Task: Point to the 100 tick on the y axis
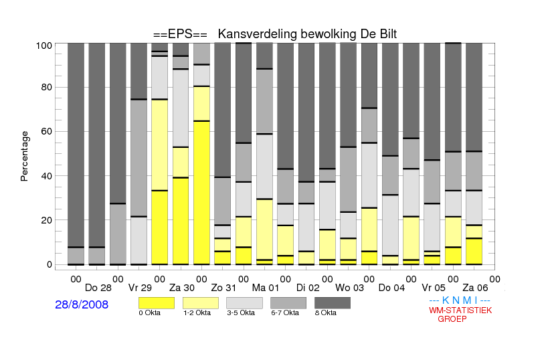click(44, 46)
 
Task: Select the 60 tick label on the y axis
click(47, 132)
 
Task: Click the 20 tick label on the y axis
click(47, 220)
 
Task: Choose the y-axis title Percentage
click(24, 156)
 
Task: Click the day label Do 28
click(98, 288)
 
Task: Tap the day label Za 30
click(182, 288)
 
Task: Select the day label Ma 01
click(266, 288)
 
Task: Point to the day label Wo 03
click(350, 288)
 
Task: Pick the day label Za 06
click(475, 288)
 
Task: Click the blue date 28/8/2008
click(82, 304)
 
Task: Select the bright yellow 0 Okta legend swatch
click(157, 303)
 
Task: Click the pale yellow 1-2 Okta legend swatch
click(201, 303)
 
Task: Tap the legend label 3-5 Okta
click(241, 312)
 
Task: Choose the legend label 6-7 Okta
click(285, 312)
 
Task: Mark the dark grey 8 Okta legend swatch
click(333, 303)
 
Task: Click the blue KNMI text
click(460, 300)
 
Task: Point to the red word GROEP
click(452, 319)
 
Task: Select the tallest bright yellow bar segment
click(201, 193)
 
